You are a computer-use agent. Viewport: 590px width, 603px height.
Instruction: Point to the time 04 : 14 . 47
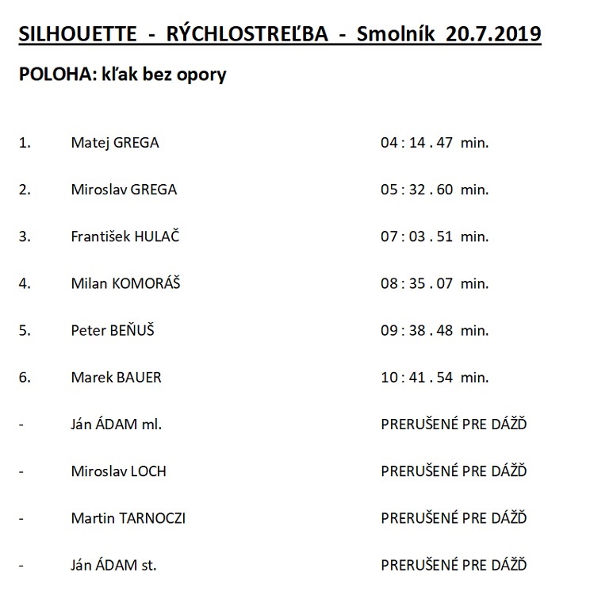click(416, 144)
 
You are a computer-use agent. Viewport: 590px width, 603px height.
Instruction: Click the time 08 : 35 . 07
click(416, 283)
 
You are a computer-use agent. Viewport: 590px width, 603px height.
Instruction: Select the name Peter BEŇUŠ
click(113, 330)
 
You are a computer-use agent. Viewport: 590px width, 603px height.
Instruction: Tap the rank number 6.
click(25, 378)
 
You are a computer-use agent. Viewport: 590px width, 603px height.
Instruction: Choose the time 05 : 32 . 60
click(416, 190)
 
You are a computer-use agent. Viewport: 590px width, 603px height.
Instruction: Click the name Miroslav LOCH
click(118, 471)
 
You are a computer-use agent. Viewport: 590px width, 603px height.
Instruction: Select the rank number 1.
click(25, 144)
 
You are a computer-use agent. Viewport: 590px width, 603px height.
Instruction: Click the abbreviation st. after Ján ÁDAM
click(147, 565)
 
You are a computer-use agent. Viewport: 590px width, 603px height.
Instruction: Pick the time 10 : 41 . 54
click(416, 378)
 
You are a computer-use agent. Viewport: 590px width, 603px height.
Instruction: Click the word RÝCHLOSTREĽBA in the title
click(255, 36)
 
